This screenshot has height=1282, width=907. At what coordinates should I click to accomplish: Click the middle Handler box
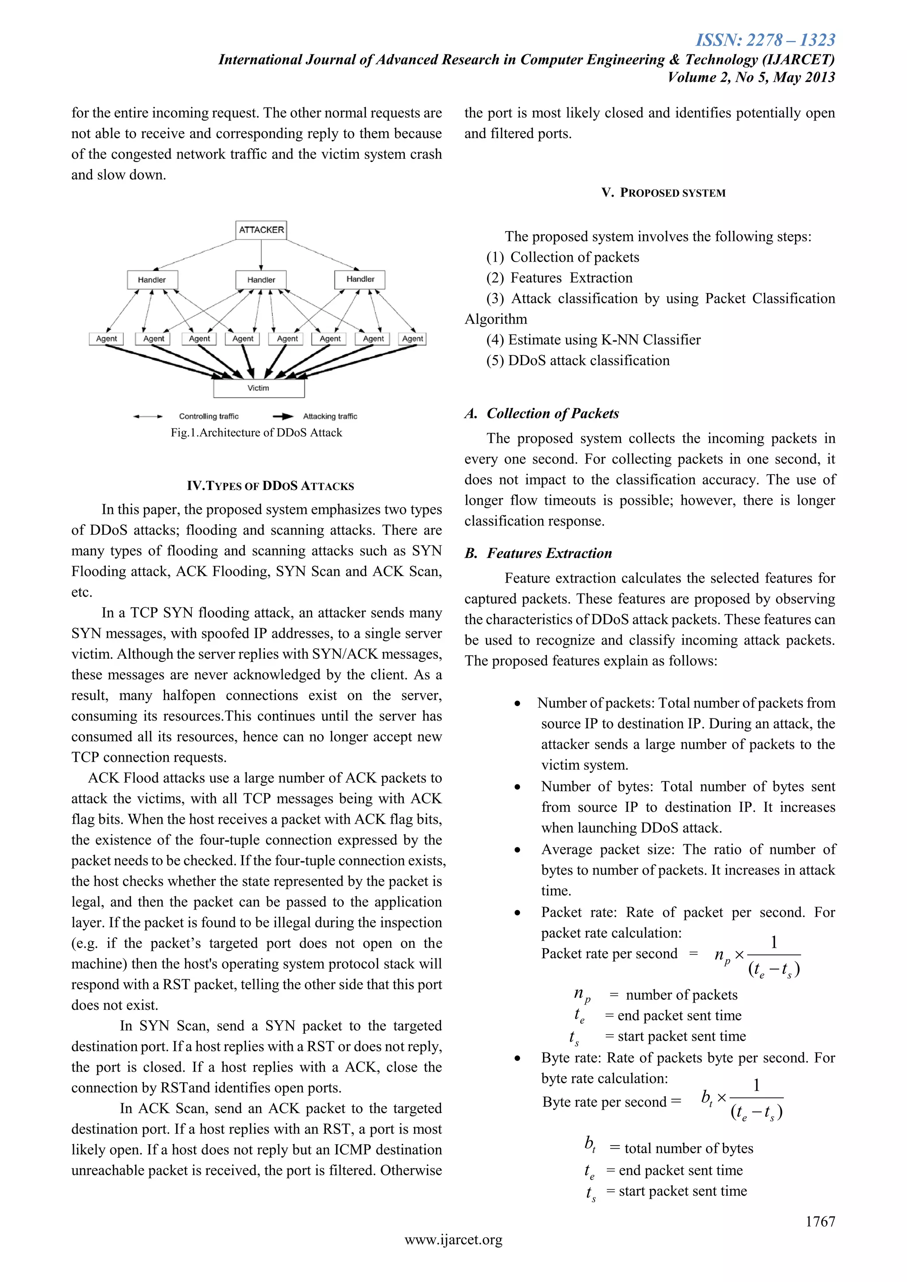click(x=261, y=280)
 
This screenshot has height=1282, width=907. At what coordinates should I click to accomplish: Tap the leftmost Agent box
click(x=106, y=338)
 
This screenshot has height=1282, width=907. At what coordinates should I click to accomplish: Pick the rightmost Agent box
click(x=412, y=338)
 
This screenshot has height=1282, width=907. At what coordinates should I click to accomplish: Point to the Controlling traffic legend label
click(x=208, y=416)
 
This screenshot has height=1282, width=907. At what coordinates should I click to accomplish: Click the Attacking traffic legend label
click(x=329, y=416)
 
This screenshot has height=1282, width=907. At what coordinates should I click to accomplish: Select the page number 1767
click(x=820, y=1221)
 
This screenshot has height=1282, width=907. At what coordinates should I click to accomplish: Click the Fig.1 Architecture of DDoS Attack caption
click(x=256, y=432)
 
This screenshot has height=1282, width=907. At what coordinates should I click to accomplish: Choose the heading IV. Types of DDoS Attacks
click(x=270, y=486)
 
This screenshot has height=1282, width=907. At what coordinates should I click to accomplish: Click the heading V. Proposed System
click(x=663, y=193)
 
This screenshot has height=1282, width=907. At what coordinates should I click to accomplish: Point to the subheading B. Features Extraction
click(x=539, y=553)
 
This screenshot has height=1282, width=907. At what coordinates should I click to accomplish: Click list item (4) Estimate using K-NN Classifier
click(x=593, y=340)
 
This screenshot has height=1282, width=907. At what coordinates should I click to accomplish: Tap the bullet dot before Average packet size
click(x=518, y=850)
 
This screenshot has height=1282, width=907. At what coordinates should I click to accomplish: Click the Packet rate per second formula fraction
click(x=774, y=955)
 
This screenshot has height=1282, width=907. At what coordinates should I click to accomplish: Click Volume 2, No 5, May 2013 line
click(x=751, y=77)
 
